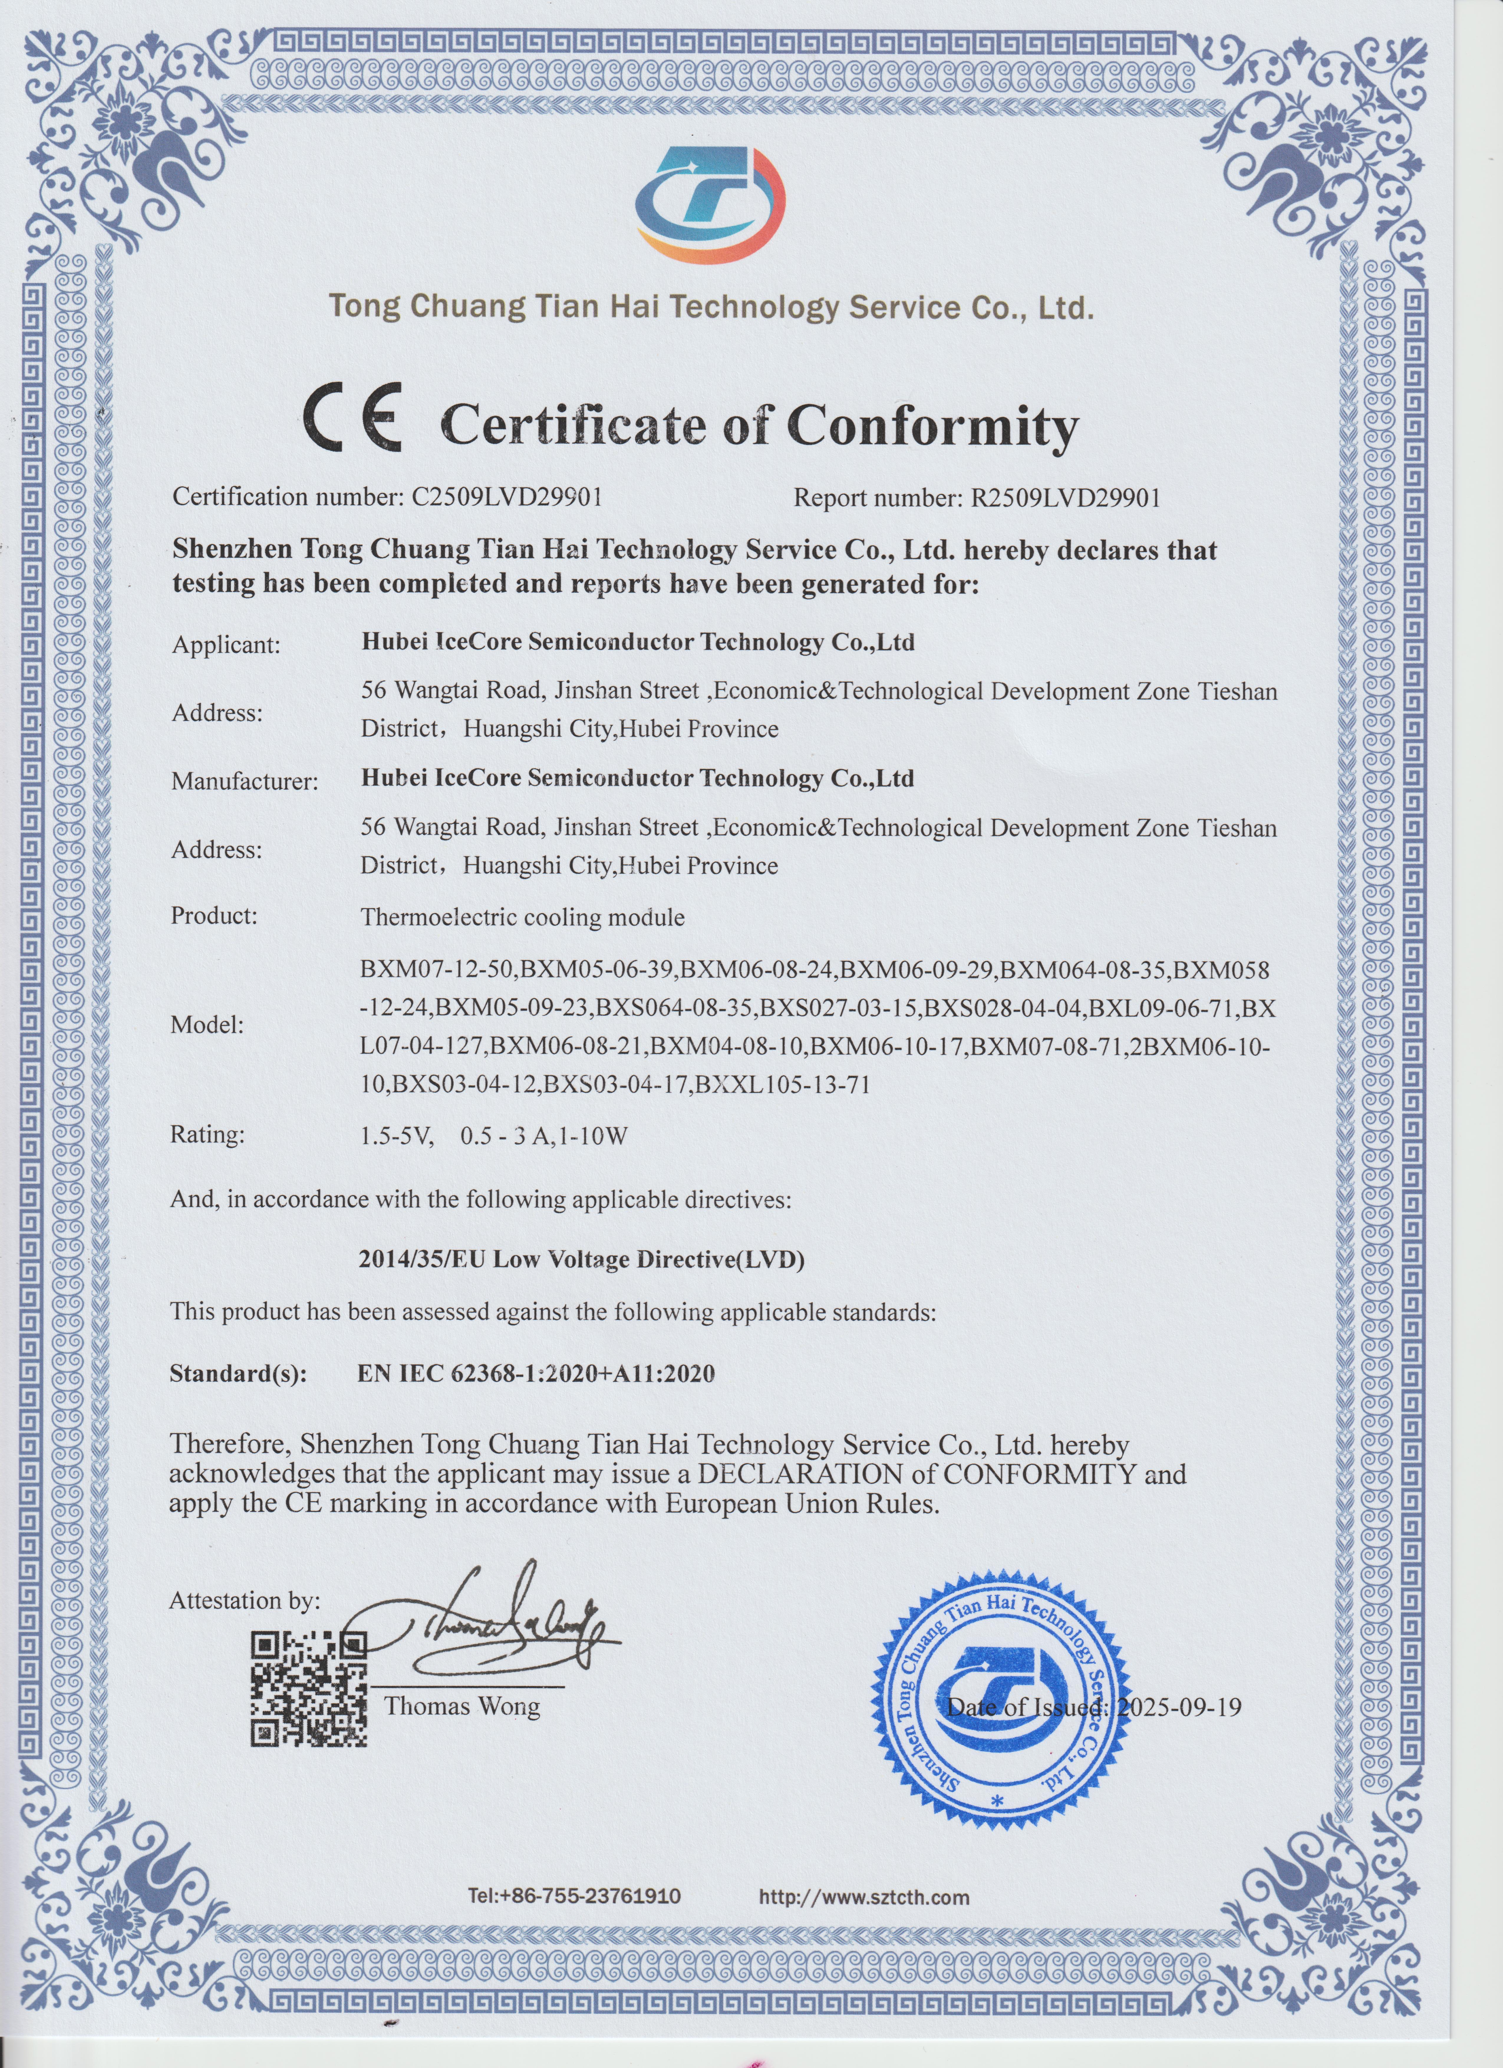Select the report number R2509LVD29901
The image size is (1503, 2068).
pos(1065,498)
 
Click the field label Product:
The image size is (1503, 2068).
pos(214,915)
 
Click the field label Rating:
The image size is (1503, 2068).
pos(208,1135)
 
